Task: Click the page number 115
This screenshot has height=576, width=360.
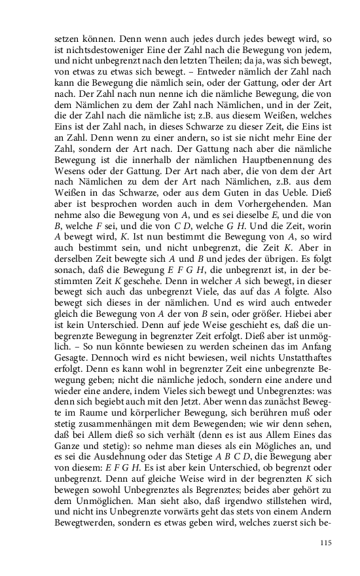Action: pyautogui.click(x=327, y=542)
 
